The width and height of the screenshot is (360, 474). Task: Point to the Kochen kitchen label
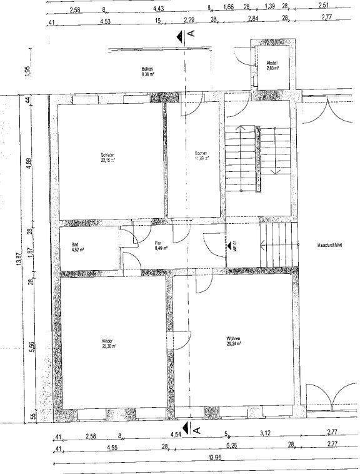pyautogui.click(x=201, y=156)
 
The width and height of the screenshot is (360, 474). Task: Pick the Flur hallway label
pyautogui.click(x=159, y=245)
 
